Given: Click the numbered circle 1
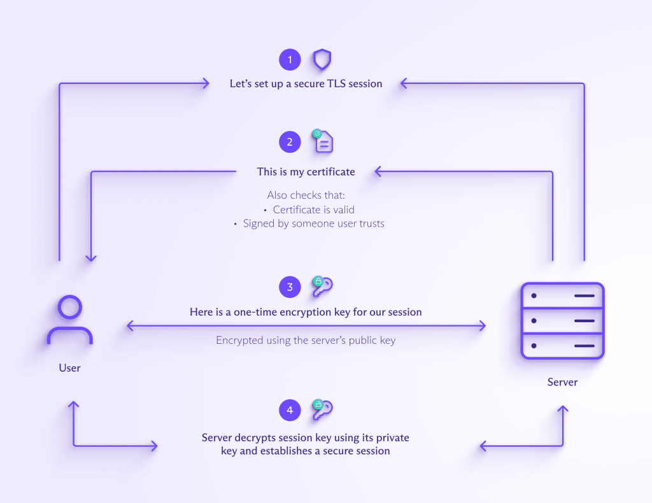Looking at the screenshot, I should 290,60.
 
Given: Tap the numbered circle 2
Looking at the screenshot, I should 290,142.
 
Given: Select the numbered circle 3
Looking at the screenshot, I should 290,287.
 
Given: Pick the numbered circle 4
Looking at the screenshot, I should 290,411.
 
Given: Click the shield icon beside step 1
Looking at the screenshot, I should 322,60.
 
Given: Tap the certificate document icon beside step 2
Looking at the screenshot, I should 323,141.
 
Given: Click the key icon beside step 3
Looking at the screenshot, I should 322,287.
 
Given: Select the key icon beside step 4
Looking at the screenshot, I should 322,409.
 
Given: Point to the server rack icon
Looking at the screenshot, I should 562,321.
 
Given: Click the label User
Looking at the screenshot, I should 70,368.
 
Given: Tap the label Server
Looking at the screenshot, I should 563,383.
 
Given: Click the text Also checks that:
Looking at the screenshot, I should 306,195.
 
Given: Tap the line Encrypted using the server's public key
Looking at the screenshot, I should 306,341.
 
